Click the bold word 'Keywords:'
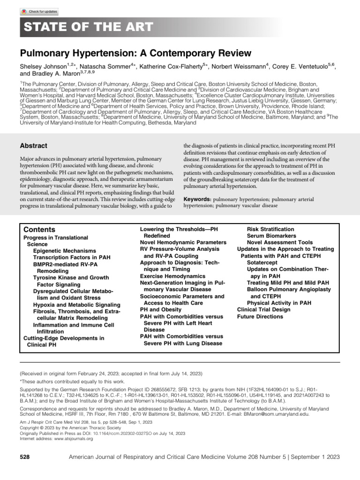pyautogui.click(x=196, y=199)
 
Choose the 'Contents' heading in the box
pyautogui.click(x=39, y=230)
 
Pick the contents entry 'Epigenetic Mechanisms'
pyautogui.click(x=64, y=251)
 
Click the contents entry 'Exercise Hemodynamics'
pyautogui.click(x=172, y=276)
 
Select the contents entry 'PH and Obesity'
pyautogui.click(x=161, y=310)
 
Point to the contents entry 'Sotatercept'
pyautogui.click(x=263, y=263)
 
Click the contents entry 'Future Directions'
pyautogui.click(x=260, y=316)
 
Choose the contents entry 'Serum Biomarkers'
pyautogui.click(x=271, y=236)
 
